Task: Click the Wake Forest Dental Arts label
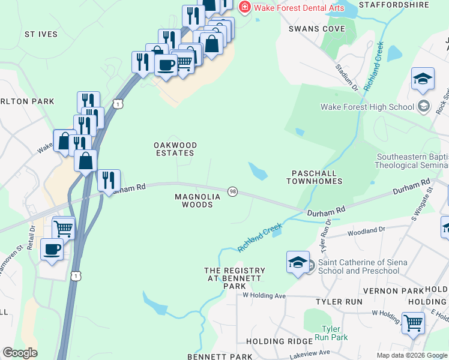pos(299,7)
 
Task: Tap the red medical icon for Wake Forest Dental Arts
pos(244,7)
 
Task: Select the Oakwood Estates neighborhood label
pos(175,149)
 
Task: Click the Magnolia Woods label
pos(194,200)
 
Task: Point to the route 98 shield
pos(232,191)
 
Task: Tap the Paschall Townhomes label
pos(316,177)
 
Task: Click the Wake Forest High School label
pos(367,107)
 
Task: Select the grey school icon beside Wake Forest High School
pos(424,107)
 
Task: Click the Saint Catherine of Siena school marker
pos(298,262)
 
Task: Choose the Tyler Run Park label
pos(335,333)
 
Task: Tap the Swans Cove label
pos(317,29)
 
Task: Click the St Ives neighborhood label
pos(41,34)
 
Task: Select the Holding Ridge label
pos(273,341)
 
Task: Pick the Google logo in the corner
pos(20,353)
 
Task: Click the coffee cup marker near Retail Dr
pos(52,249)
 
